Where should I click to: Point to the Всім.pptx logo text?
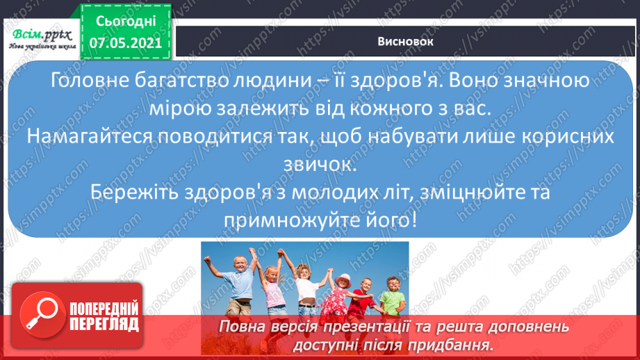pyautogui.click(x=40, y=33)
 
